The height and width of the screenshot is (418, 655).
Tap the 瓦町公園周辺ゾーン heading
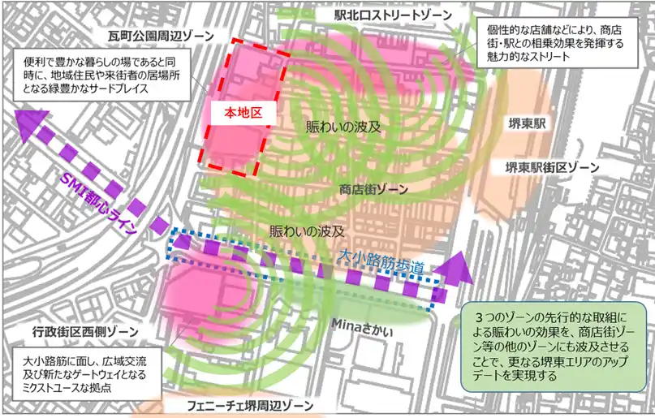[161, 37]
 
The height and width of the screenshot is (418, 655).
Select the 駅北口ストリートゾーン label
[394, 16]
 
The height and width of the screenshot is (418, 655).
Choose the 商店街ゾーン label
[373, 188]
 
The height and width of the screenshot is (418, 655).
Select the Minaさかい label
[363, 322]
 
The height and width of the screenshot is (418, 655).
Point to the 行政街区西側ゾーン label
[75, 333]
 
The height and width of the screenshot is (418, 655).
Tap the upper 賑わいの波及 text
[343, 127]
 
